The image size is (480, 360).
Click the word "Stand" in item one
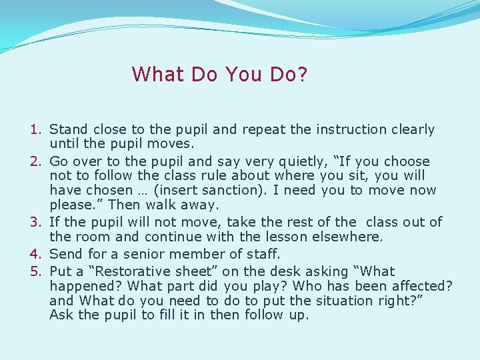(69, 129)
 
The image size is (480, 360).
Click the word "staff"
(251, 254)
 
